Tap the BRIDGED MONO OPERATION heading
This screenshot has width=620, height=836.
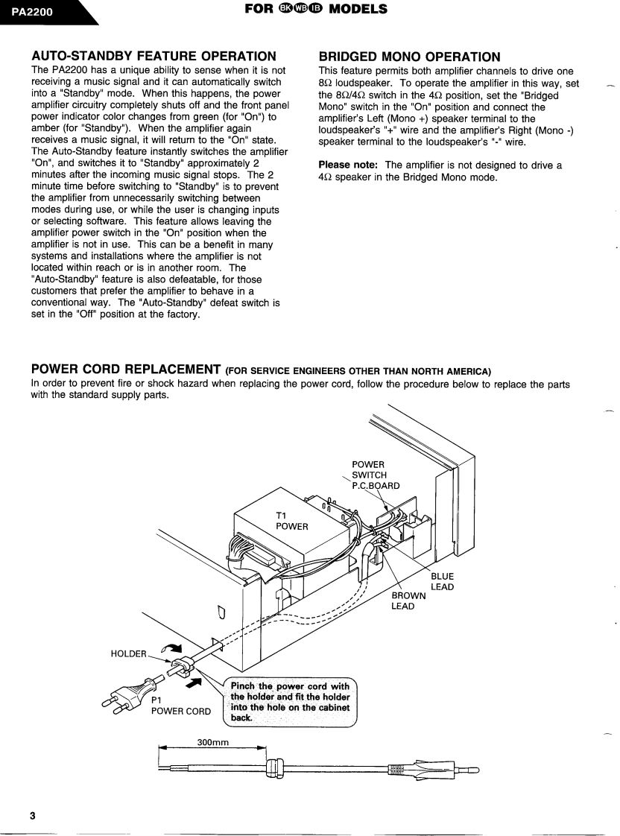[409, 56]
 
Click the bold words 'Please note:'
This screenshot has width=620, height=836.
[349, 165]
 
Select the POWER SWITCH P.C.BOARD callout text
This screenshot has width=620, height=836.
[376, 475]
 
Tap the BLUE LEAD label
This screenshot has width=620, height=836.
[442, 582]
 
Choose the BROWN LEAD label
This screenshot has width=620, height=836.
[408, 601]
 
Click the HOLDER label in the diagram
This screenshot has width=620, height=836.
[128, 653]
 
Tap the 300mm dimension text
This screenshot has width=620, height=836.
[212, 742]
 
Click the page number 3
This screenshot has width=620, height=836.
[32, 815]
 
